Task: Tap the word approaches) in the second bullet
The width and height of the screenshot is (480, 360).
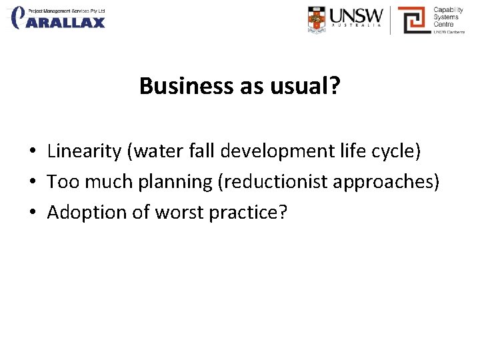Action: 395,182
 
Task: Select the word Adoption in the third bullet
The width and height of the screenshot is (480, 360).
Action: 82,212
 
